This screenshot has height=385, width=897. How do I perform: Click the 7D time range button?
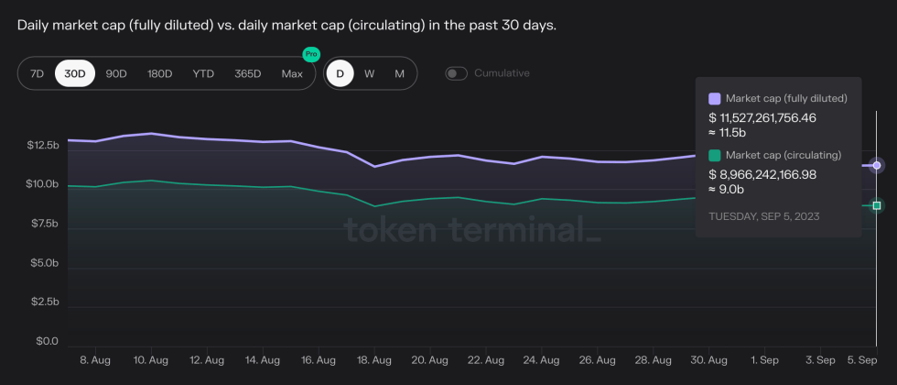point(37,73)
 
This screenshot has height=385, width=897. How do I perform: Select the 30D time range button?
point(75,73)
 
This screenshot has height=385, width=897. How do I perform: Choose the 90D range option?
point(116,73)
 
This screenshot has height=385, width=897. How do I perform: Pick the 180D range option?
point(160,73)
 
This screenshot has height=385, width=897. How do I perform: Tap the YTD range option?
point(203,73)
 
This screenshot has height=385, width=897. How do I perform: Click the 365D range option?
point(247,73)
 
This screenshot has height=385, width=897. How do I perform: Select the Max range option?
point(292,73)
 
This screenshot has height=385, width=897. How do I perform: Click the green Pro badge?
point(310,55)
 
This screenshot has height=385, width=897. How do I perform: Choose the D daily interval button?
point(340,73)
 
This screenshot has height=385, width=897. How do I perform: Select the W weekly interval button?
point(369,73)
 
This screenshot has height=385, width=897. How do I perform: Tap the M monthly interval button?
point(399,73)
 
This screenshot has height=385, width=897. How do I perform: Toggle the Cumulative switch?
point(456,73)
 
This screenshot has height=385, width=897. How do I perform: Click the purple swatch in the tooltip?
point(715,98)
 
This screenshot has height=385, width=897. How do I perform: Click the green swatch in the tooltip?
point(715,155)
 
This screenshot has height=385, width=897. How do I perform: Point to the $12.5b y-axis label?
point(43,146)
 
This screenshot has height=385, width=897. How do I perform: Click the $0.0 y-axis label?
point(47,342)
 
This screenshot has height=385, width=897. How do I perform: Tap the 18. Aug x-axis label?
point(374,360)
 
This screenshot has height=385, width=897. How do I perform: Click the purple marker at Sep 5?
point(877,165)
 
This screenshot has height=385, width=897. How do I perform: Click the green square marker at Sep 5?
point(877,205)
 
